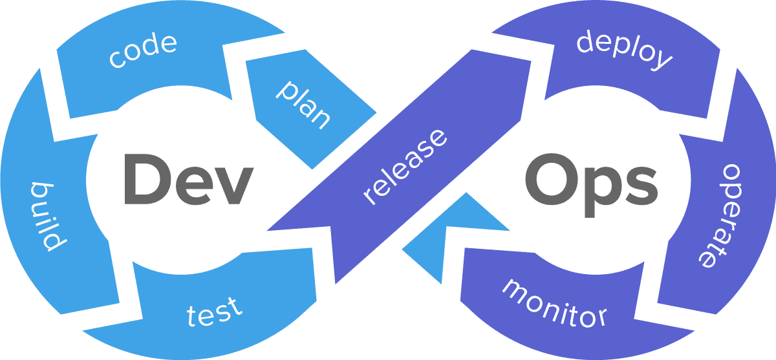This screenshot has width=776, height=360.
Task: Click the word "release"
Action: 405,167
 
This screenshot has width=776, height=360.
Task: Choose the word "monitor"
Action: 555,302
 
